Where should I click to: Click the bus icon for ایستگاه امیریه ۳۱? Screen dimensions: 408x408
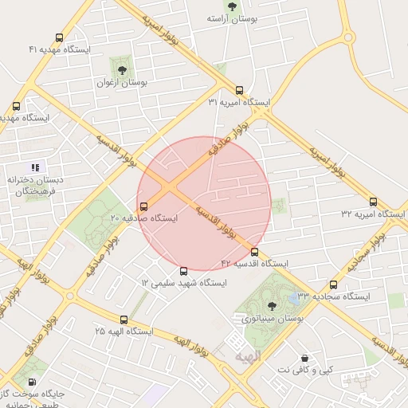(240, 90)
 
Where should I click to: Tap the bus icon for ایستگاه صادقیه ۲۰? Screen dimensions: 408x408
(143, 206)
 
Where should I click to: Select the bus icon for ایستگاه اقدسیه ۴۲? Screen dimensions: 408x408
(255, 252)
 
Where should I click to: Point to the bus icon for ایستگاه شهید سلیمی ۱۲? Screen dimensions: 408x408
(184, 271)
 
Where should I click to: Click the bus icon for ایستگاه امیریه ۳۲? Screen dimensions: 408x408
(373, 202)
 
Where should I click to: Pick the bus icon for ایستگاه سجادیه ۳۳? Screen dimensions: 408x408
(333, 284)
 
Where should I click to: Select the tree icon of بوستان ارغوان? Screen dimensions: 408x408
(122, 70)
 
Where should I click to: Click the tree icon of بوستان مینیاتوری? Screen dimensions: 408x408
(272, 306)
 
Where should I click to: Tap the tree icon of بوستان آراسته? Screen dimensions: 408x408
(232, 6)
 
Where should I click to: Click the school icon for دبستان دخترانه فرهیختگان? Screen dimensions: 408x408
(34, 167)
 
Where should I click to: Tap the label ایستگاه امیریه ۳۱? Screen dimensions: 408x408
(240, 103)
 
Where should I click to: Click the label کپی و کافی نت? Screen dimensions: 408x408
(304, 371)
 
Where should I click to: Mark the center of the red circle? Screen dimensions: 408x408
(204, 203)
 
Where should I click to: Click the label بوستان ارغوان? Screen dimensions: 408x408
(121, 82)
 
